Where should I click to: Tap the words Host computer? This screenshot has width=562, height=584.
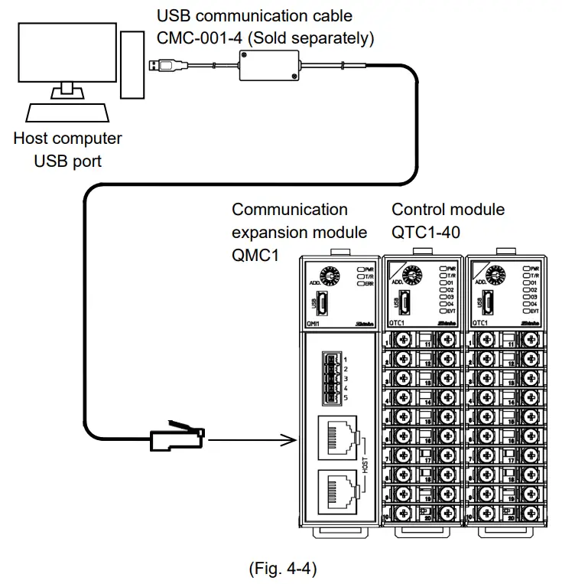point(67,139)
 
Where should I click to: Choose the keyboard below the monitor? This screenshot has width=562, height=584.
point(66,114)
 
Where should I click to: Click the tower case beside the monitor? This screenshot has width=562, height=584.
point(132,66)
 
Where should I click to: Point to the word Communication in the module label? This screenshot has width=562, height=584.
point(290,210)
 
